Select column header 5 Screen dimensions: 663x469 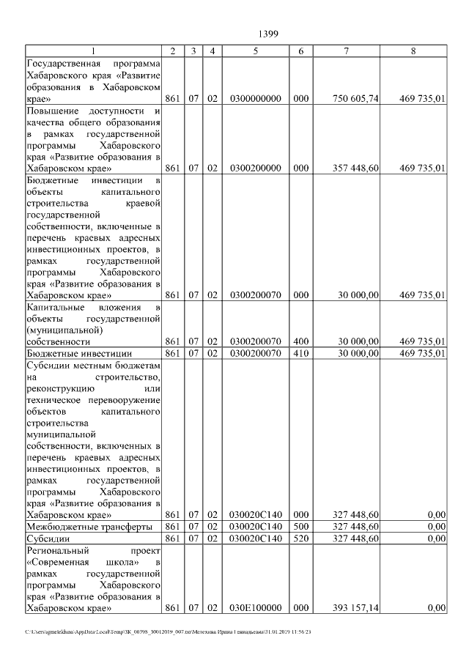(255, 51)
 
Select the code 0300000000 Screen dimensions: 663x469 (255, 98)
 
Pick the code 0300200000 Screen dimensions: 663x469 (255, 168)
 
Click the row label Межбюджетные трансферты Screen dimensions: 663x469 (89, 527)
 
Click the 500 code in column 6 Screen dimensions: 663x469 (300, 527)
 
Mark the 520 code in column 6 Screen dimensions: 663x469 (300, 538)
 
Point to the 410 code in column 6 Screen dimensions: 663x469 (300, 353)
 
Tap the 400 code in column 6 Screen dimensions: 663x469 (300, 341)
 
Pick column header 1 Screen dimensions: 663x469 (94, 51)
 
